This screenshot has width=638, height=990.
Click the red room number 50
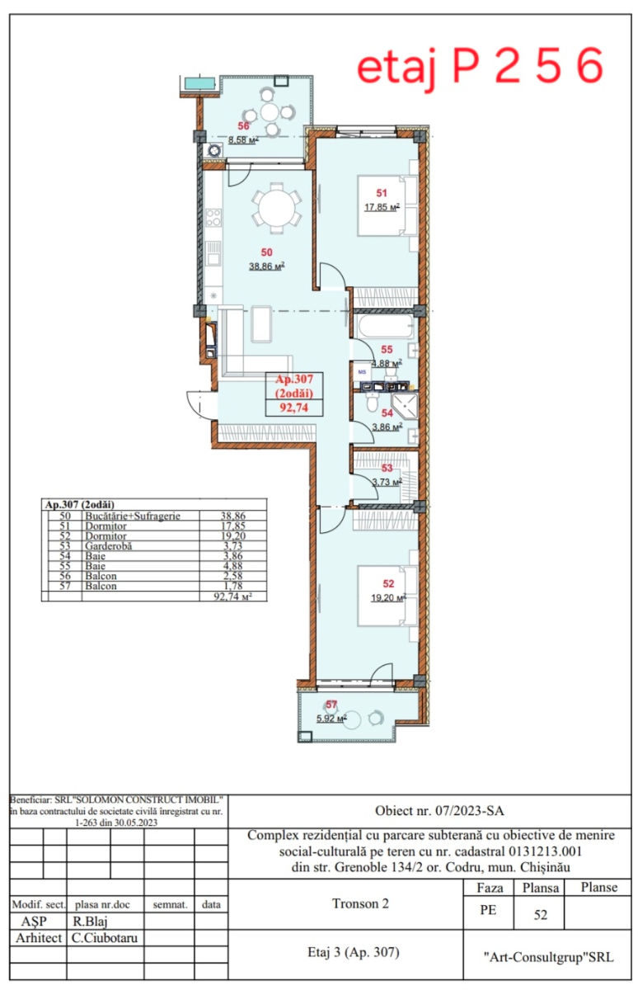click(267, 252)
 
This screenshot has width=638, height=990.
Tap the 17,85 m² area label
click(382, 206)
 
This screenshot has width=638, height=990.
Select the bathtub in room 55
click(386, 327)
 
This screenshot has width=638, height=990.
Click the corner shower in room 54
click(406, 407)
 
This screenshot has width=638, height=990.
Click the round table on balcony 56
click(270, 112)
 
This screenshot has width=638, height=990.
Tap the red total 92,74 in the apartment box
click(294, 408)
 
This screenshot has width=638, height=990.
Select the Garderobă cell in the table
click(108, 546)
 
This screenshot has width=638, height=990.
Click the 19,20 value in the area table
click(233, 535)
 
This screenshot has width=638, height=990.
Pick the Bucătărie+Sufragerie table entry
click(133, 516)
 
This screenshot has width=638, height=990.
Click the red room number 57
click(331, 705)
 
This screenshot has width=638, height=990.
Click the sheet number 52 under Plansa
click(541, 915)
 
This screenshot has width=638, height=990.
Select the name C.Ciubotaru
click(105, 938)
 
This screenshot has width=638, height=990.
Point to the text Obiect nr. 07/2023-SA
click(439, 811)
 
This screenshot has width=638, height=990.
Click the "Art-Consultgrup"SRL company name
click(548, 957)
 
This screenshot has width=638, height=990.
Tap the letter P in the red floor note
click(467, 65)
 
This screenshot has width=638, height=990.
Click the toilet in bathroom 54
click(373, 402)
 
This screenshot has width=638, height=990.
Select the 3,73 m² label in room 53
click(387, 482)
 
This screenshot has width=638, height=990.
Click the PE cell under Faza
click(488, 910)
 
